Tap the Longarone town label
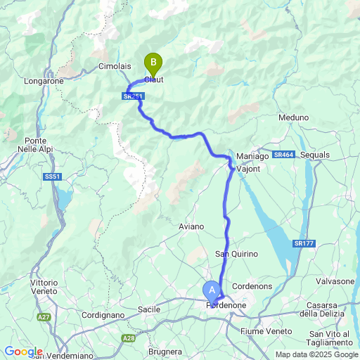[x=44, y=81]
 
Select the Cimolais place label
[x=113, y=65]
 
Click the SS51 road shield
[x=51, y=176]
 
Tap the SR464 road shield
[x=283, y=155]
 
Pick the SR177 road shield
[x=304, y=243]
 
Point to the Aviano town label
[x=191, y=226]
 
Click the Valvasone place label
[x=335, y=281]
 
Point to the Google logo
[x=23, y=352]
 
